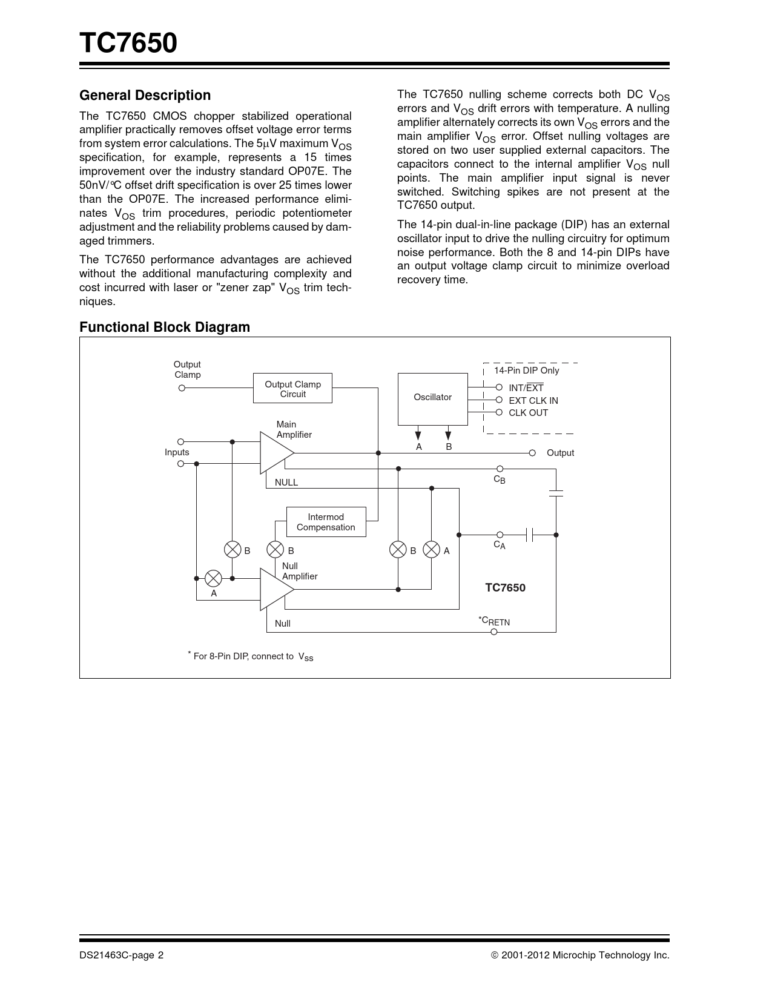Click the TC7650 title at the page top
[x=128, y=44]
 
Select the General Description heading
[x=145, y=95]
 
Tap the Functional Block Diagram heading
[x=165, y=327]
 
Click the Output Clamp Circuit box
[x=292, y=389]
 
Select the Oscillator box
[x=432, y=398]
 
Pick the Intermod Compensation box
[x=326, y=522]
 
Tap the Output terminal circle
[x=532, y=453]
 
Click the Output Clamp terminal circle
[x=181, y=388]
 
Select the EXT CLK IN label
[x=533, y=401]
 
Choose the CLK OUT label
[x=529, y=413]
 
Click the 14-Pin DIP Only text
[x=527, y=371]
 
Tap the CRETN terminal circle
[x=494, y=632]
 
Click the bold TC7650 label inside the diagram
[x=505, y=588]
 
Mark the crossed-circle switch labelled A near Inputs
[x=214, y=579]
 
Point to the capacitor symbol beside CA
[x=530, y=535]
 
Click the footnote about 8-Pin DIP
[x=251, y=656]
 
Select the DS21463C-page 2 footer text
[x=121, y=955]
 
